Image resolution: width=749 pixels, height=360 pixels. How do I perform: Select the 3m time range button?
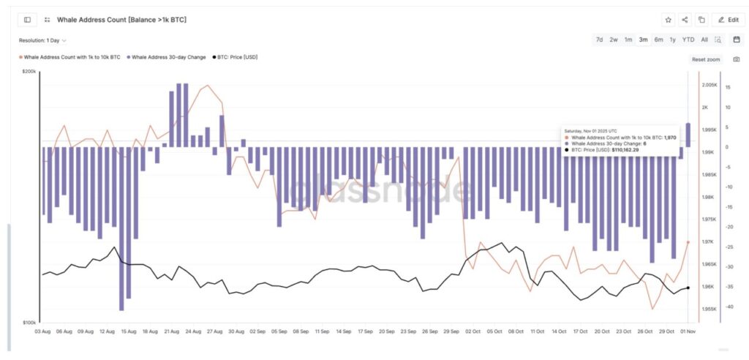643,40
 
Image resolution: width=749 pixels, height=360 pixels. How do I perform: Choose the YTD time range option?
688,40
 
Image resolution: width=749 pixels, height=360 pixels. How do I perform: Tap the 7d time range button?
600,40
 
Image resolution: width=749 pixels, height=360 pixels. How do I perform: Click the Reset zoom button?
706,59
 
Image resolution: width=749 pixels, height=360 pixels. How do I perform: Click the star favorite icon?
668,20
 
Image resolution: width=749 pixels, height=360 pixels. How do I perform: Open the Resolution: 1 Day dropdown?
43,40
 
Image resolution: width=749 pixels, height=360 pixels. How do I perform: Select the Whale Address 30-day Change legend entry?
166,56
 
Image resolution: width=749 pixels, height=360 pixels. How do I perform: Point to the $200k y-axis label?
30,72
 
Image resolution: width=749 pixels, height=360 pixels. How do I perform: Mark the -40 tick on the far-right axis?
729,307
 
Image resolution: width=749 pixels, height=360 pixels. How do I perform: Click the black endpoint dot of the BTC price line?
688,288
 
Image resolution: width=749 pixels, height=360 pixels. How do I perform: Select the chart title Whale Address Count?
121,20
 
